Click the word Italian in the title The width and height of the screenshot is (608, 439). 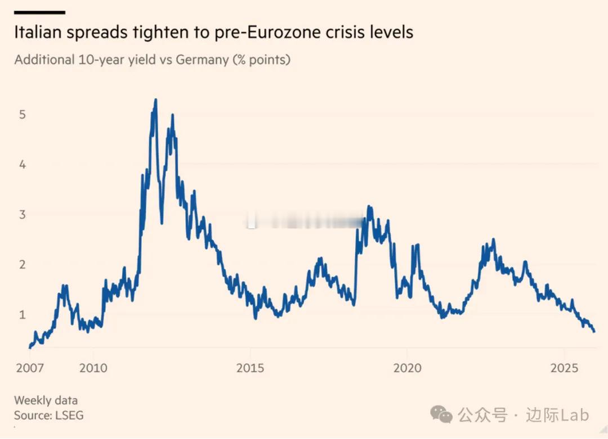tap(39, 32)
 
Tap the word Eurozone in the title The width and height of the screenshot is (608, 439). tap(296, 32)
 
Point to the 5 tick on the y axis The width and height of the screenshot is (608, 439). tap(23, 115)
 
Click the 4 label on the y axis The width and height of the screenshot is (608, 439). tap(23, 165)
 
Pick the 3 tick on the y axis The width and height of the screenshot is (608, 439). tap(23, 215)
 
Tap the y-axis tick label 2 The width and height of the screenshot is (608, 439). tap(23, 265)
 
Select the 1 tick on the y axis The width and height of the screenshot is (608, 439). tap(23, 315)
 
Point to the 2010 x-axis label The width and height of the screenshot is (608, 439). tap(93, 368)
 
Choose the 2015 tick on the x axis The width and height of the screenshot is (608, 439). tap(251, 368)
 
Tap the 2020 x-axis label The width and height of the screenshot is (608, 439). tap(407, 368)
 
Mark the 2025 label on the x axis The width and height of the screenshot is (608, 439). tap(565, 368)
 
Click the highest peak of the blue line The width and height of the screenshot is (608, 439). tap(155, 101)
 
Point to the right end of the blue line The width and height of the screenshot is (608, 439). tap(594, 331)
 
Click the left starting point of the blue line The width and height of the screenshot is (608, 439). tap(30, 347)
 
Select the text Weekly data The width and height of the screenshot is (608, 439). tap(46, 401)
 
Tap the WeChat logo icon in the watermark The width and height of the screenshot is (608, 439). tap(441, 415)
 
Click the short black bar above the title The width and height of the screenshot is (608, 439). tap(39, 12)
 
